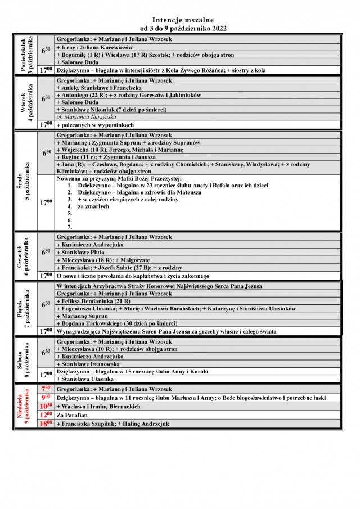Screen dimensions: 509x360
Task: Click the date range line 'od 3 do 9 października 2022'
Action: [x=179, y=28]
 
